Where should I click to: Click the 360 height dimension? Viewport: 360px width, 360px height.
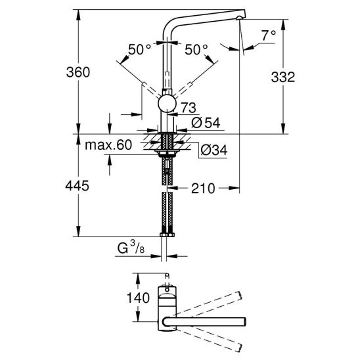click(78, 72)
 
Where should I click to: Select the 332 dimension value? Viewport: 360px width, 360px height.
click(282, 77)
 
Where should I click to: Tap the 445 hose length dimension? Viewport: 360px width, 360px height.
click(77, 185)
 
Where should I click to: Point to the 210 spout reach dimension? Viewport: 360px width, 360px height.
click(203, 189)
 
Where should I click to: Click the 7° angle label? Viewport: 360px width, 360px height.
click(269, 35)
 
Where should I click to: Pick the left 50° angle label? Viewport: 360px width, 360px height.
click(139, 49)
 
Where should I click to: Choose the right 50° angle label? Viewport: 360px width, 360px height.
click(196, 49)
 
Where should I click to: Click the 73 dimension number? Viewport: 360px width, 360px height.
click(189, 108)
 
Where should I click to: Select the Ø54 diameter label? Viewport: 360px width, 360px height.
click(206, 123)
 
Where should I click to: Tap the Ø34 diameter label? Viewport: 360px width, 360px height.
click(214, 150)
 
